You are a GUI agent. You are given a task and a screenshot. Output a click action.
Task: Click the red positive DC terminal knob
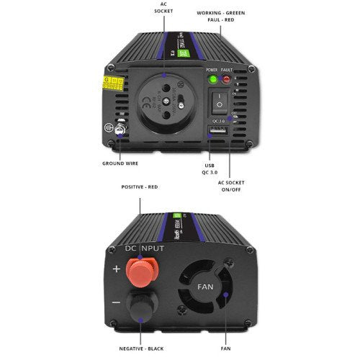tap(142, 270)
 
